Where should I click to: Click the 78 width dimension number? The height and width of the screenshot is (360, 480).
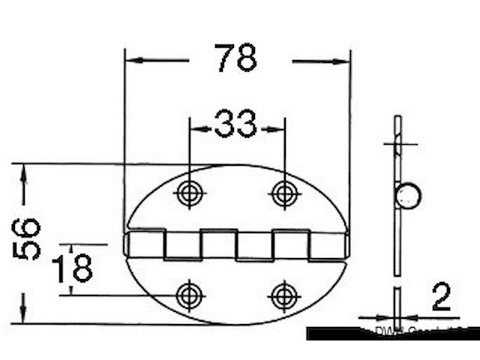236,58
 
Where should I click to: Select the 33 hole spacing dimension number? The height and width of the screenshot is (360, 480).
235,124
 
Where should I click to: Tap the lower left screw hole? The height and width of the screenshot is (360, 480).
188,295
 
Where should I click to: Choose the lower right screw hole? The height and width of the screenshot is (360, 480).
283,295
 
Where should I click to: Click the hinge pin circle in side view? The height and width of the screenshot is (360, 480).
409,196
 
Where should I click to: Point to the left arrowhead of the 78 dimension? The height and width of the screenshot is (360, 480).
130,60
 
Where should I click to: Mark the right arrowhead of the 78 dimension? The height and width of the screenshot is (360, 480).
346,60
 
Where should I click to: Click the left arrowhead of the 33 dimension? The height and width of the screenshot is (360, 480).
193,128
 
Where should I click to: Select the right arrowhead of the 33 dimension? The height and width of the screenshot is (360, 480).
280,128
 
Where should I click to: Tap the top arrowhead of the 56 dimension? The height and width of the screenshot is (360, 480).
24,169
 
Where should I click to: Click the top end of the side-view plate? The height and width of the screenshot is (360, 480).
397,118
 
